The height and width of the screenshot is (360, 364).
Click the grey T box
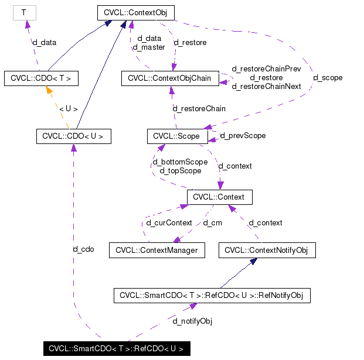click(23, 12)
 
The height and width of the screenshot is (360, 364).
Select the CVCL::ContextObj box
click(135, 12)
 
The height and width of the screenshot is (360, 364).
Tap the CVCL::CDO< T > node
click(41, 78)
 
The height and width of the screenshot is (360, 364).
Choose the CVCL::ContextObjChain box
click(170, 78)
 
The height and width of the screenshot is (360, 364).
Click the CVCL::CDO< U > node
click(73, 136)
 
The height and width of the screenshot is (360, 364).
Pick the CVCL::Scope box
click(176, 136)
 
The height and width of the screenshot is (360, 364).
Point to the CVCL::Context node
click(219, 197)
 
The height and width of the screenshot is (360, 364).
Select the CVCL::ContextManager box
click(157, 251)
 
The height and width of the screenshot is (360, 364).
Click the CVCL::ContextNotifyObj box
click(267, 251)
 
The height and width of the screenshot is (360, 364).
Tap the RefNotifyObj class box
click(212, 296)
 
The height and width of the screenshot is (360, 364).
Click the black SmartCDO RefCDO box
click(116, 349)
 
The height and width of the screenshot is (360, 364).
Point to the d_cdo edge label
click(83, 249)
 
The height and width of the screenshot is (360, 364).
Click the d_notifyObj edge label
click(192, 321)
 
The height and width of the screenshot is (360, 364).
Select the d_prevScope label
click(243, 136)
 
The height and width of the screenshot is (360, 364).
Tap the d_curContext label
click(169, 222)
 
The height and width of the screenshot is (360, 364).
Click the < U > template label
click(68, 108)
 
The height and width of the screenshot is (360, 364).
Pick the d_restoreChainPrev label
click(267, 68)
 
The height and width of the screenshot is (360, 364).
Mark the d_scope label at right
click(328, 77)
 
